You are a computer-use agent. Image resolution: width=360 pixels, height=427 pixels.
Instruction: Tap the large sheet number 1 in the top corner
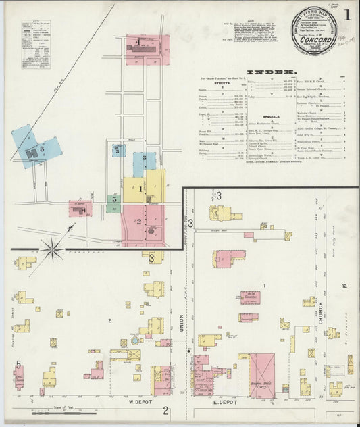(x=346, y=14)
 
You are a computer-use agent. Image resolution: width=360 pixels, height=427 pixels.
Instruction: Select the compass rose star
(x=52, y=249)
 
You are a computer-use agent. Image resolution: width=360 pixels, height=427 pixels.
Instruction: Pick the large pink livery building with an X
(x=262, y=374)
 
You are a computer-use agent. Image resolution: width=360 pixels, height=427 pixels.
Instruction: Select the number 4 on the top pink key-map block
(x=138, y=43)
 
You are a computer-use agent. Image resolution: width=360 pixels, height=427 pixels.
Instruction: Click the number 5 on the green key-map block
(x=114, y=199)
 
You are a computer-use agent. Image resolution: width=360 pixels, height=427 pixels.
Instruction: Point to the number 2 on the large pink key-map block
(x=139, y=221)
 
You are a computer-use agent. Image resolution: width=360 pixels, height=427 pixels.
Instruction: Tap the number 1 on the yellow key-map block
(x=141, y=189)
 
